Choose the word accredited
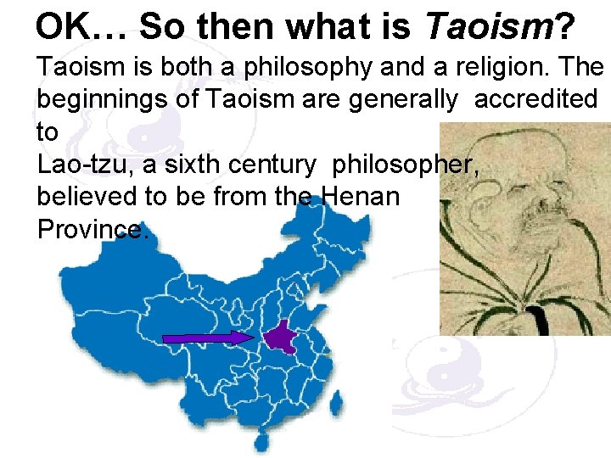tap(535, 99)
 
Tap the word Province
tap(91, 229)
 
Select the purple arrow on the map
tap(209, 338)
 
